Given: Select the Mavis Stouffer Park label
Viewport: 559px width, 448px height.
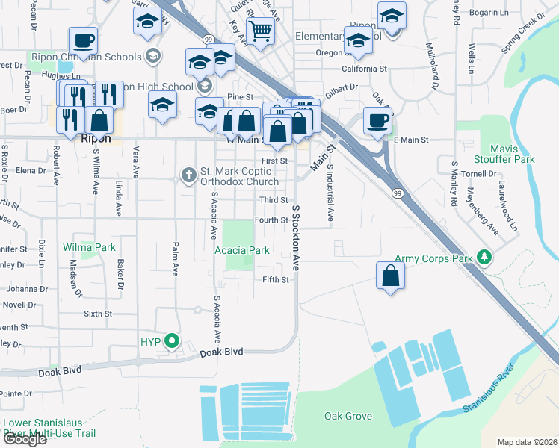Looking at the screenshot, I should pos(513,154).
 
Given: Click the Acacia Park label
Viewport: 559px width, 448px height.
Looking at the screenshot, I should pos(242,251).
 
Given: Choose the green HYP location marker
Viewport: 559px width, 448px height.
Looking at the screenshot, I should pos(173,343).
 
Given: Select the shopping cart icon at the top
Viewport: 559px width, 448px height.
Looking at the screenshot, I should pos(260,31).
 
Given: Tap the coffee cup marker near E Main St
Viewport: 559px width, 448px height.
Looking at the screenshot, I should pos(377,119).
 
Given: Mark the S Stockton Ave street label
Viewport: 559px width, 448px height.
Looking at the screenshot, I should pos(296,238).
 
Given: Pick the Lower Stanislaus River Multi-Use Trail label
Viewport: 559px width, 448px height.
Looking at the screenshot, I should pos(49,427).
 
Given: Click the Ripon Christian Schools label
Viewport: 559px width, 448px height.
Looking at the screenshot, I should pos(85,57).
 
